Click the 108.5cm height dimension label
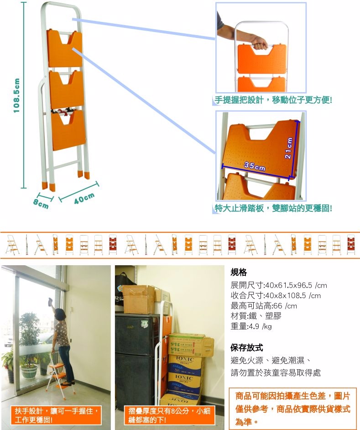pyautogui.click(x=17, y=95)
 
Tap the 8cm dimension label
pyautogui.click(x=41, y=204)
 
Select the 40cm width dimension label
pyautogui.click(x=84, y=198)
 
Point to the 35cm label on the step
pyautogui.click(x=255, y=166)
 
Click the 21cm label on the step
pyautogui.click(x=289, y=148)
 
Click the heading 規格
pyautogui.click(x=239, y=273)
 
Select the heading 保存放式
pyautogui.click(x=246, y=348)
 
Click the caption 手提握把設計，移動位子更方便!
pyautogui.click(x=273, y=100)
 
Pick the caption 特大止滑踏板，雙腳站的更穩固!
pyautogui.click(x=273, y=208)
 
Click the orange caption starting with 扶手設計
pyautogui.click(x=56, y=415)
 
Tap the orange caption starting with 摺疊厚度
pyautogui.click(x=169, y=415)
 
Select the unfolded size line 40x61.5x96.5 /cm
pyautogui.click(x=279, y=285)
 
